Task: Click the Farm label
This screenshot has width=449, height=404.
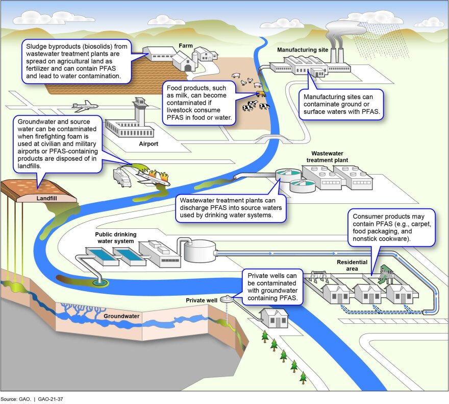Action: (186, 45)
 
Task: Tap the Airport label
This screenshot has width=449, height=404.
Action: (148, 144)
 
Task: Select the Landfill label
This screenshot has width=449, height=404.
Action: (46, 198)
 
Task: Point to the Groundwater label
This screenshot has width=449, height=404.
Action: (121, 316)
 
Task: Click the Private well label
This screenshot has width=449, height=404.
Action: (202, 300)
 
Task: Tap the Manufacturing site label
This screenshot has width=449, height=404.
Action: (303, 50)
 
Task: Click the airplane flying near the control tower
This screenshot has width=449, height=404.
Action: (85, 106)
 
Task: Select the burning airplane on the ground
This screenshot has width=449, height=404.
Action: (153, 178)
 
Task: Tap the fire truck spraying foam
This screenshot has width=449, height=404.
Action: (122, 178)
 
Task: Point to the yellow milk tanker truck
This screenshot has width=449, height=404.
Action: (261, 93)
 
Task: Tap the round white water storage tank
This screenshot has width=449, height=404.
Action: (199, 251)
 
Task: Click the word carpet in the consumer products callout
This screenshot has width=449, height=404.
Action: (421, 224)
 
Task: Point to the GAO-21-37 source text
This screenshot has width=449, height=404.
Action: (51, 399)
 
